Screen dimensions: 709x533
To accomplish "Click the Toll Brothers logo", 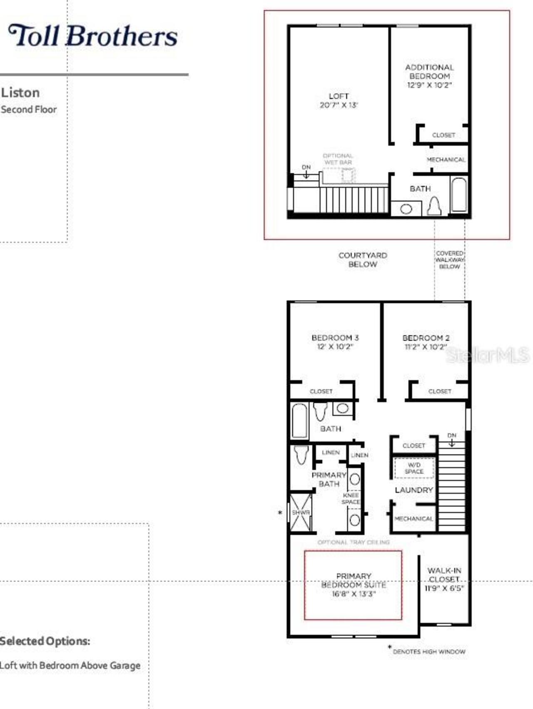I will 93,36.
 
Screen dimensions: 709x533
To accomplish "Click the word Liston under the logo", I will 20,92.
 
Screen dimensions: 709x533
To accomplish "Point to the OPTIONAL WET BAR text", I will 338,159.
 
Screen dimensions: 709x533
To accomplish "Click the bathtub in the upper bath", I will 459,195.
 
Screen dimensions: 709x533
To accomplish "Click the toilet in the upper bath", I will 434,206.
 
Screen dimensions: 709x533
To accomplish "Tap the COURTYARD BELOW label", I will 363,260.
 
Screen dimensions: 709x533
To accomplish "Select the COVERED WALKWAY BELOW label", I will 450,260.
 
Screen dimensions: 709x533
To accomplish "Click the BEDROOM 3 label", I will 335,337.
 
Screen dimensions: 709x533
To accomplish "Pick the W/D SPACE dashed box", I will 414,468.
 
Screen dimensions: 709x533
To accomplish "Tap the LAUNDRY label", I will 414,490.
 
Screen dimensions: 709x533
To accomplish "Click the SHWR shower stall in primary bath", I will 301,512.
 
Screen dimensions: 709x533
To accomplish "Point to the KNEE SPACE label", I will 351,499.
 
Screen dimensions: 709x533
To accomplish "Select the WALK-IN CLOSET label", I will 444,575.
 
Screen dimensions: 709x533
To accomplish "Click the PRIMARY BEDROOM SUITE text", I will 354,580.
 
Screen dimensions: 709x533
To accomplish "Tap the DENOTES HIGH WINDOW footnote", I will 428,652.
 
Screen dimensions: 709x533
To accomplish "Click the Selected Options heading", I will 45,641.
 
